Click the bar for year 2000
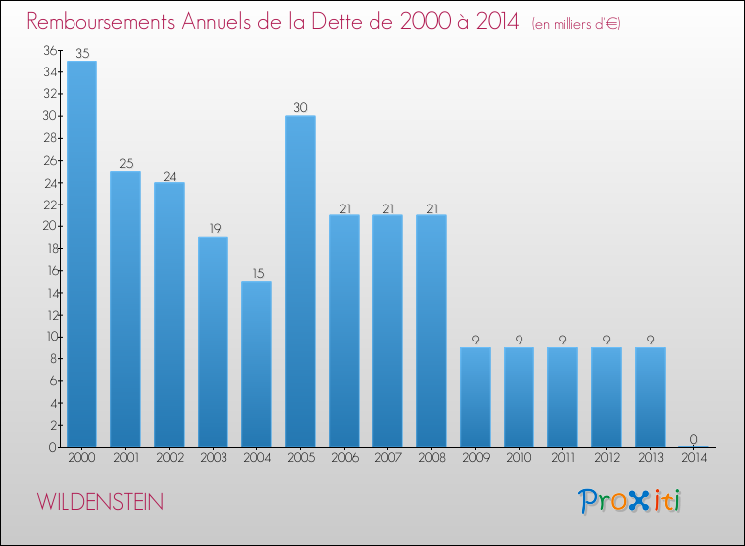(81, 253)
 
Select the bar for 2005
(300, 281)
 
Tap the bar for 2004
(256, 363)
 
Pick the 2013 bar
(650, 396)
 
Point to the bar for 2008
(431, 331)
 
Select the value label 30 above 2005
(300, 107)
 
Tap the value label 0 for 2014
(693, 439)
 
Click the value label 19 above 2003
(213, 228)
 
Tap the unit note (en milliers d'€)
(576, 23)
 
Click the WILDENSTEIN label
(101, 502)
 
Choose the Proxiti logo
(630, 501)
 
